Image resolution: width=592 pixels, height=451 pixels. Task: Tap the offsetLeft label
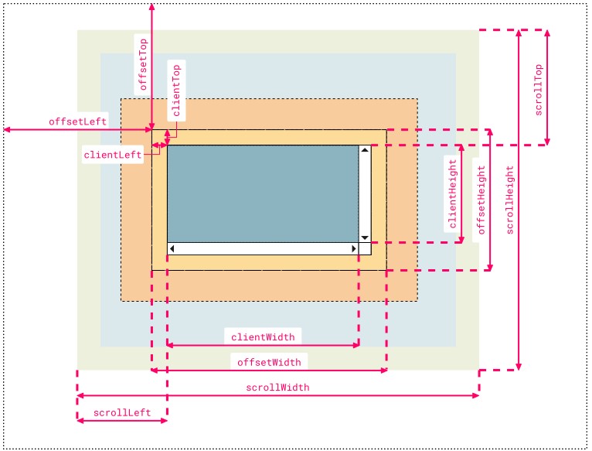[x=78, y=121]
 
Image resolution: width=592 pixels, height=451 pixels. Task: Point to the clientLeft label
[x=113, y=154]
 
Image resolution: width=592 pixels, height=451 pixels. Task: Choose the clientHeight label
[x=451, y=193]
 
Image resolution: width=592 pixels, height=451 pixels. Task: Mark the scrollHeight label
[x=509, y=200]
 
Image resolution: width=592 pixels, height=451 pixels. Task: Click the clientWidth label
[x=263, y=337]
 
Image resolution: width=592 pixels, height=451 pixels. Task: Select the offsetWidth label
[x=268, y=361]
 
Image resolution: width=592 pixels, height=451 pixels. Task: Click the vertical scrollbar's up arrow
[x=365, y=150]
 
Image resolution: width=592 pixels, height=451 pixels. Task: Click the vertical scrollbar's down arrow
[x=365, y=237]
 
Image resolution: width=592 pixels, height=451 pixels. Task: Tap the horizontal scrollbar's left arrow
[x=172, y=249]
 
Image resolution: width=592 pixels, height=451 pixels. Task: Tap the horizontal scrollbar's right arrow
[x=354, y=249]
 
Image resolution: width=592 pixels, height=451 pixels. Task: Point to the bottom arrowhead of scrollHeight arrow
[x=519, y=365]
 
